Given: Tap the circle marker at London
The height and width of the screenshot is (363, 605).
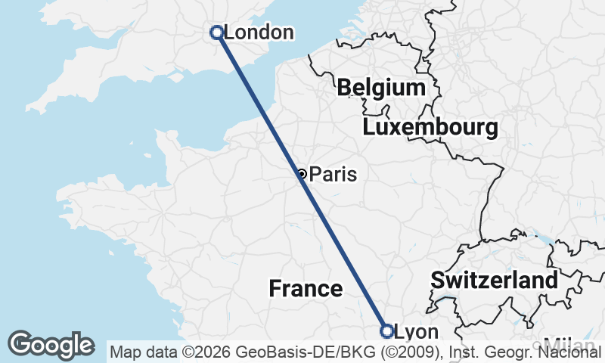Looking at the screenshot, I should coord(216,32).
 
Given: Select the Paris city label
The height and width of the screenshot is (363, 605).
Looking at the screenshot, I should coord(333,175).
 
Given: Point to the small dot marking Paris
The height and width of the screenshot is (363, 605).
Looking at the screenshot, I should coord(302,174).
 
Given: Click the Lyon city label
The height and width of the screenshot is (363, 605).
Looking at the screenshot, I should coord(417,332).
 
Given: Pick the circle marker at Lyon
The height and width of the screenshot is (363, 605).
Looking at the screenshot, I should coord(386,331).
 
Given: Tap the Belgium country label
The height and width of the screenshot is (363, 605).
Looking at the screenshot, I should coord(381,87).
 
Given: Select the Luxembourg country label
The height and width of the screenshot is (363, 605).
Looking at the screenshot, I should coord(430,127).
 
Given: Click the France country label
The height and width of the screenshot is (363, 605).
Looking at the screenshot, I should coord(306,288).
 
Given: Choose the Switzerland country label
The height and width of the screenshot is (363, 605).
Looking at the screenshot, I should coord(495,280).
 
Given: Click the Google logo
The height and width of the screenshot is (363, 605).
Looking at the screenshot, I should coord(51,345).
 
